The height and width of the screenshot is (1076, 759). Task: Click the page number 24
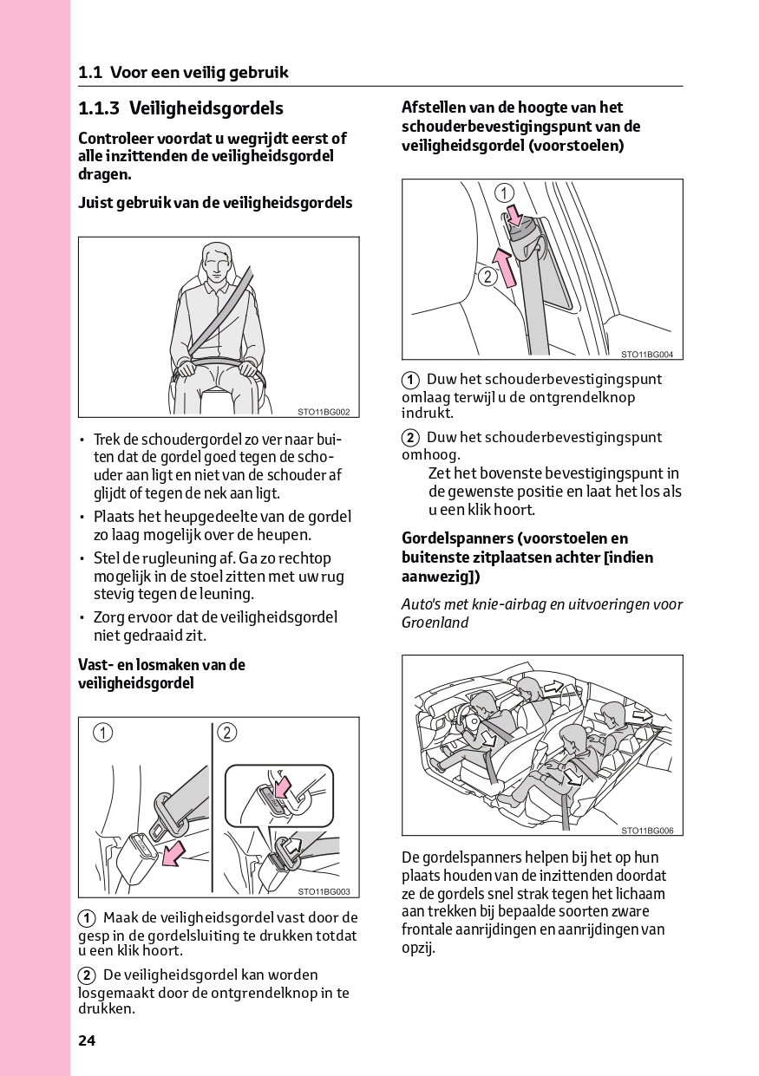pos(87,1041)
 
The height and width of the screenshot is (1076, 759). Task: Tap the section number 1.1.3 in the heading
pos(98,108)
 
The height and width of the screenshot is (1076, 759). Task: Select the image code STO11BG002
pos(324,412)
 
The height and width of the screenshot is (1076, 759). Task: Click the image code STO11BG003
pos(324,891)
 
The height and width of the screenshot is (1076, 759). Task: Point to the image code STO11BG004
pos(647,354)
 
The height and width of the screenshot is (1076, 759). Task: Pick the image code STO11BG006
pos(647,831)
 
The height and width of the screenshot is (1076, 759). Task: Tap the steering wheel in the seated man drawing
pos(218,365)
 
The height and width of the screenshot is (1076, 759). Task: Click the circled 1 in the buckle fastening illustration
pos(103,734)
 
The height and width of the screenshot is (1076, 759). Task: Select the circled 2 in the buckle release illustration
pos(227,734)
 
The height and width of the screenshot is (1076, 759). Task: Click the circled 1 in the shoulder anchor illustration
pos(505,193)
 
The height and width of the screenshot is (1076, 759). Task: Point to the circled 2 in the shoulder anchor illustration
pos(487,277)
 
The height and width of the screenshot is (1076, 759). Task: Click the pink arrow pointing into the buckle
pos(174,852)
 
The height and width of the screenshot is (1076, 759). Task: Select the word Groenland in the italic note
pos(435,623)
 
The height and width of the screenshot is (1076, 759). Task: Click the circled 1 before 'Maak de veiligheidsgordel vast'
pos(87,918)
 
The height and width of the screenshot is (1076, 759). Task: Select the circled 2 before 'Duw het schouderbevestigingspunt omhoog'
pos(410,438)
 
